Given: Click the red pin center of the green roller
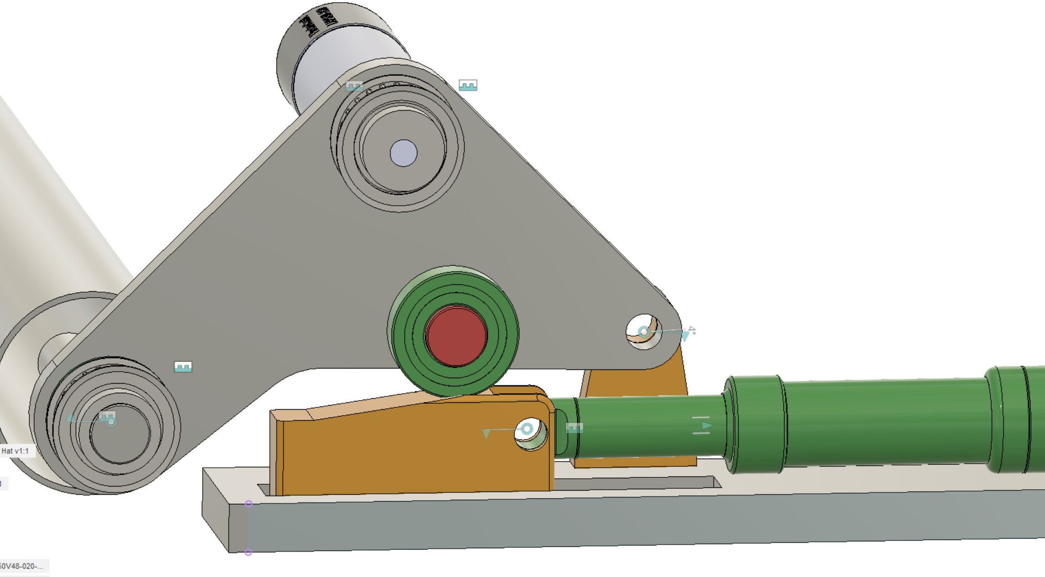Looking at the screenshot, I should pos(456,336).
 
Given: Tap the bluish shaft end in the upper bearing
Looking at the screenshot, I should pos(403,153).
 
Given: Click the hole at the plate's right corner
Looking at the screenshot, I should pos(644,332).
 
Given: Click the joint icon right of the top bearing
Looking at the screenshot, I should pos(468,85).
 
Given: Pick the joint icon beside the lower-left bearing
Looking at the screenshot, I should pos(183,367).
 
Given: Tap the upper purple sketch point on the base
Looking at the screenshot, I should pos(248,504).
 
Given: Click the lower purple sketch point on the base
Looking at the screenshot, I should pos(248,552).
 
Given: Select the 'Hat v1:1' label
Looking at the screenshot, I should pos(16,451).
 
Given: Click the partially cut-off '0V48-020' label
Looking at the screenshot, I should pos(22,566).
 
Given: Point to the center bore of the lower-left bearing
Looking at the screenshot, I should pos(120,433).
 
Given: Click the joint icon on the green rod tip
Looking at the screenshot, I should pos(574,428).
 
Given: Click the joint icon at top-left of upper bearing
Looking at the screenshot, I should pos(354,86).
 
